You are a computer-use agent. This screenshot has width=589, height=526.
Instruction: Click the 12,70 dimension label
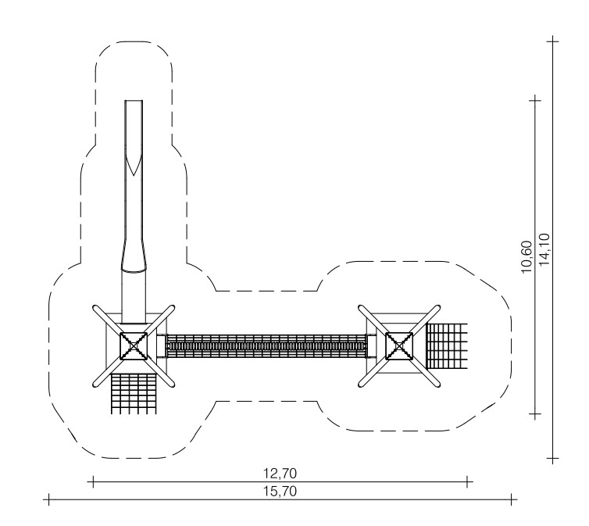click(280, 474)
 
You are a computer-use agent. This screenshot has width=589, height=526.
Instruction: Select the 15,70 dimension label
click(280, 492)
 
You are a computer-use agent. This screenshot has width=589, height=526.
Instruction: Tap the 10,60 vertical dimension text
click(527, 257)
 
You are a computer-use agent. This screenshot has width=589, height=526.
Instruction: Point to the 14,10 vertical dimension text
click(544, 249)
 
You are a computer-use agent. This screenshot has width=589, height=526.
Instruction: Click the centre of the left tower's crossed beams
click(134, 346)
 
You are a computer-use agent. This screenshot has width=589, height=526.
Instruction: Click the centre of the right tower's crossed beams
click(399, 346)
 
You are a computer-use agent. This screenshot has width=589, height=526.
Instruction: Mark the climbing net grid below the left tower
click(134, 394)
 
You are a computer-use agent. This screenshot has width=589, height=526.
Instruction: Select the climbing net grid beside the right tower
click(447, 346)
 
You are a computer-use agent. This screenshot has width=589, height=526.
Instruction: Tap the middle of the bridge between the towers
click(266, 346)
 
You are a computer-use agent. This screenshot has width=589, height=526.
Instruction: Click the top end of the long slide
click(134, 101)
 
